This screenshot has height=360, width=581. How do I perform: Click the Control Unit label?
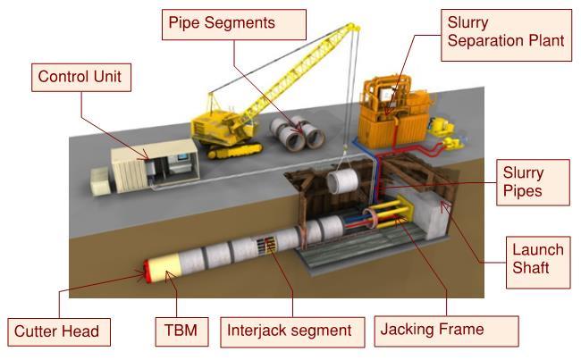tap(80, 77)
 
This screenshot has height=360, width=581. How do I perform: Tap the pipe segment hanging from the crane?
tap(344, 184)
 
